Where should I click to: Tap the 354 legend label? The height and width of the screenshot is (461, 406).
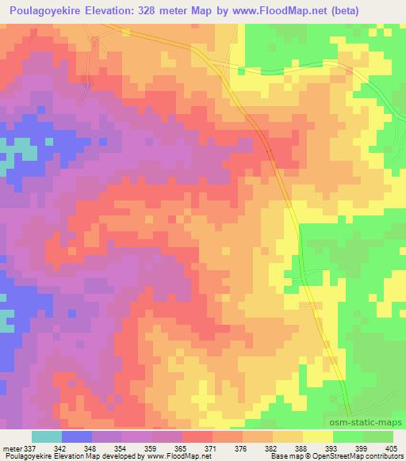pos(124,448)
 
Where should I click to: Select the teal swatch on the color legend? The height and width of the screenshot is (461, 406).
pos(48,437)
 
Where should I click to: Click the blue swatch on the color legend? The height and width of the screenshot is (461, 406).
pos(76,437)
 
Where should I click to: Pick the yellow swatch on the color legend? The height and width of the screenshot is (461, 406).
pos(318,437)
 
